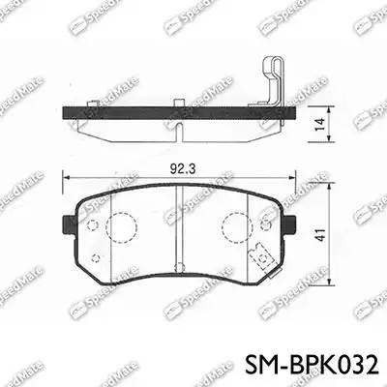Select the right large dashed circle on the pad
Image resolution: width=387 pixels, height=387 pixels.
click(x=236, y=228)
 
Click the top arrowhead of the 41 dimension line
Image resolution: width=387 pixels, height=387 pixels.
click(x=319, y=189)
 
